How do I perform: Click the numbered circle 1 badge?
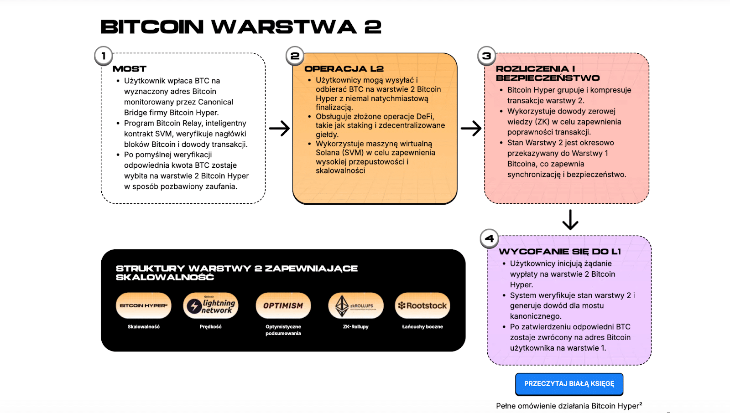(x=104, y=56)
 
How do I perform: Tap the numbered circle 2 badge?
(x=295, y=56)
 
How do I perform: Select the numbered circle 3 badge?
(x=486, y=56)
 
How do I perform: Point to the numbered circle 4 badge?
(x=489, y=238)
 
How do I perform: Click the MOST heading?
(x=130, y=69)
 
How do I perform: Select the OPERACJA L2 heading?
(x=344, y=69)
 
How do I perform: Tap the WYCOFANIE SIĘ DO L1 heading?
(x=560, y=252)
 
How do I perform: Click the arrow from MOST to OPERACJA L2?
(x=279, y=129)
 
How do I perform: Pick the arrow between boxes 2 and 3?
(x=471, y=129)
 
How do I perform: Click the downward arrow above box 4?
(x=570, y=219)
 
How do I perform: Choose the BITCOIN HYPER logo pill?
(x=144, y=305)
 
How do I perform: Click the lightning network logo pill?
(x=211, y=305)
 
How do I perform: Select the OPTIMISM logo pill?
(x=283, y=305)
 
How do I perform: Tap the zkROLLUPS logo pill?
(x=356, y=305)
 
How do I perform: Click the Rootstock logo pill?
(x=422, y=305)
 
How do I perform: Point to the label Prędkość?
(x=211, y=327)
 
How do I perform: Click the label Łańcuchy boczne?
(x=422, y=327)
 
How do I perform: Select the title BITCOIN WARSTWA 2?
(x=241, y=27)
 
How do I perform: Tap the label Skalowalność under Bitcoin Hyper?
(x=144, y=327)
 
